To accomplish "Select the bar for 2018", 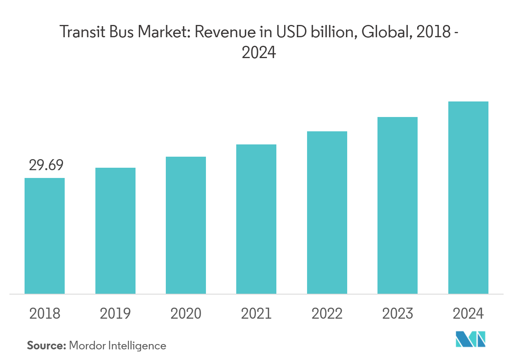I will point(45,236).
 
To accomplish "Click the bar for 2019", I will point(115,231).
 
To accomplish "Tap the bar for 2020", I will point(186,225).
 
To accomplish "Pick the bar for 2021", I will point(256,219).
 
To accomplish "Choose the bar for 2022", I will point(327,212).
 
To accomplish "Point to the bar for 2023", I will point(398,205).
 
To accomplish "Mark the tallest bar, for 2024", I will point(468,198).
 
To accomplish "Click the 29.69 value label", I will point(46,165).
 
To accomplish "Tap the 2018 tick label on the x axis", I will point(45,314).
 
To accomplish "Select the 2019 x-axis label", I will point(115,314).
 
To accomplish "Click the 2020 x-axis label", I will point(186,314).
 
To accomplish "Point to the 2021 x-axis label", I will point(256,314).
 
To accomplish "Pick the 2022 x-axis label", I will point(327,314).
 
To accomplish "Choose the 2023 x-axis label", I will point(398,314).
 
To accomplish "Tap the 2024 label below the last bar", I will point(468,314).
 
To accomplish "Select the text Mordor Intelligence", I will point(118,346).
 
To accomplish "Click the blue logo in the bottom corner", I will point(471,339).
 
